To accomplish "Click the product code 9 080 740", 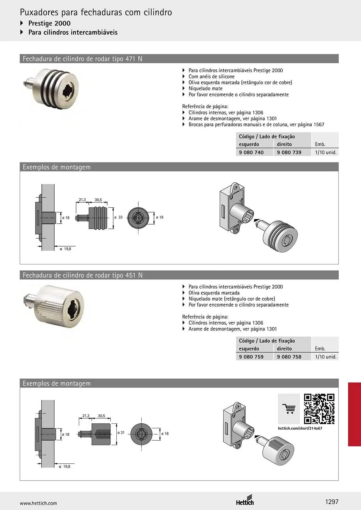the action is click(251, 152).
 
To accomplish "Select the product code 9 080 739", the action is click(289, 152).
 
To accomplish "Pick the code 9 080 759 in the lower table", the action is click(251, 357).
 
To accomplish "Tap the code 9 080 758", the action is click(289, 357).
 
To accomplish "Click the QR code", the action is click(319, 409).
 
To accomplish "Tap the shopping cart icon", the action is click(289, 409).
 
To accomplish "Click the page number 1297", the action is click(332, 502).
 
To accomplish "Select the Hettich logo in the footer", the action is click(245, 500).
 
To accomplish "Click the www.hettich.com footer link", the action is click(38, 503).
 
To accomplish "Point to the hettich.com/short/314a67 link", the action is click(300, 428).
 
